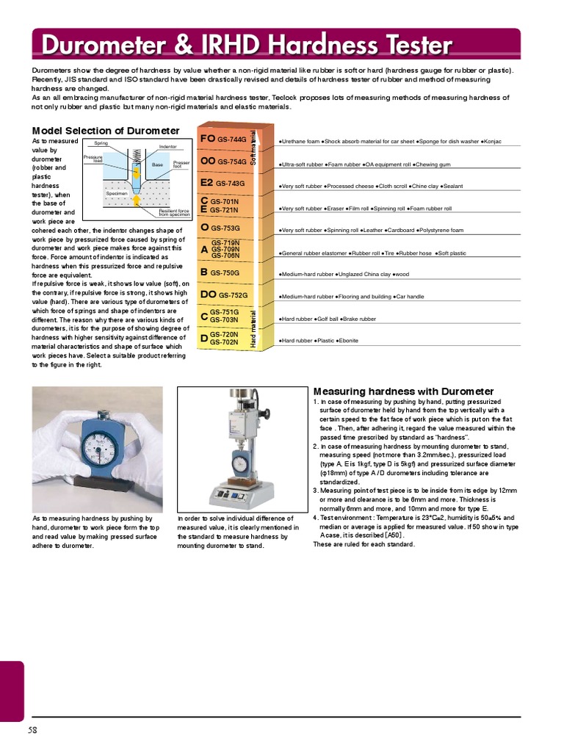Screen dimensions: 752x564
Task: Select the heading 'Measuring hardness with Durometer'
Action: [403, 391]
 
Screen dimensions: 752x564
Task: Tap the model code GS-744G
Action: [232, 139]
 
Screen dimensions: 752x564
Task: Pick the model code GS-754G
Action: [232, 162]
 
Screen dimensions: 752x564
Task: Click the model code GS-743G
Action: [230, 184]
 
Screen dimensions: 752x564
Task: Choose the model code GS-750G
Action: [226, 272]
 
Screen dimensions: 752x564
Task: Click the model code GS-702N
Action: [225, 342]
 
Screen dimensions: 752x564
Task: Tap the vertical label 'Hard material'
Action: [254, 330]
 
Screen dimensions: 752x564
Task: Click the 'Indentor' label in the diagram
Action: [168, 147]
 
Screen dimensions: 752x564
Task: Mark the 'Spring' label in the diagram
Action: [101, 143]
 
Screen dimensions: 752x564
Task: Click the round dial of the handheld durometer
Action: [97, 446]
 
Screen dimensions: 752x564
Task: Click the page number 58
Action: [33, 730]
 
